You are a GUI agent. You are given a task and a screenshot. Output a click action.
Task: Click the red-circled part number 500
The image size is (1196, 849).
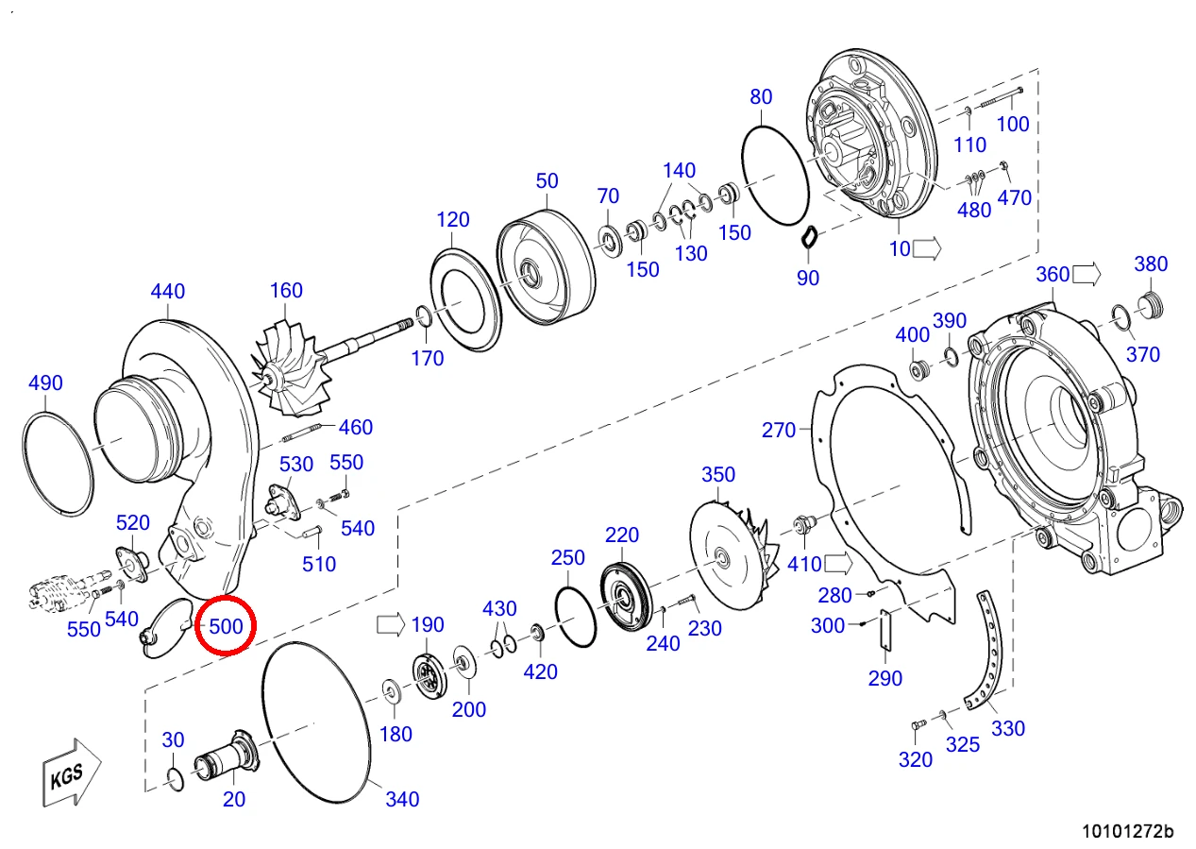click(x=226, y=626)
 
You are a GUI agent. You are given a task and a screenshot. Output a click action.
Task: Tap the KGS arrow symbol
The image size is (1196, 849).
click(x=72, y=773)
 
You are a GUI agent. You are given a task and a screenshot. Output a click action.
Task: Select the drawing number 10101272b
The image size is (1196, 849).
click(x=1128, y=831)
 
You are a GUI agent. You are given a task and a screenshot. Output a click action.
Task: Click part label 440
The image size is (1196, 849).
click(x=168, y=291)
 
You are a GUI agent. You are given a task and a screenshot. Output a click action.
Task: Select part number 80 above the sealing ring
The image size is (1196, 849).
click(x=761, y=96)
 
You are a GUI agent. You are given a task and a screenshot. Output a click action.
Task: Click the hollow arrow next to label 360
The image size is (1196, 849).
click(x=1087, y=274)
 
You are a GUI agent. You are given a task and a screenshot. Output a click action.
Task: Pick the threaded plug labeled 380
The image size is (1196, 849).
click(x=1150, y=306)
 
